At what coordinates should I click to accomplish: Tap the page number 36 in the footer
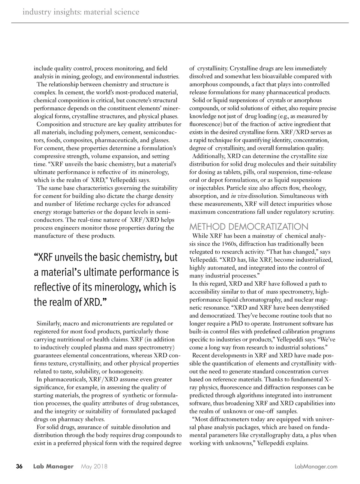pos(19,467)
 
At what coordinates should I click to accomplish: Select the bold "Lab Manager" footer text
pos(53,467)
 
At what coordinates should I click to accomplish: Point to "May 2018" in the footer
pos(94,467)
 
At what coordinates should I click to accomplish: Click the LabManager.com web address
pos(316,467)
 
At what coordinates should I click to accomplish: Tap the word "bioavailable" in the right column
pos(269,76)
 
